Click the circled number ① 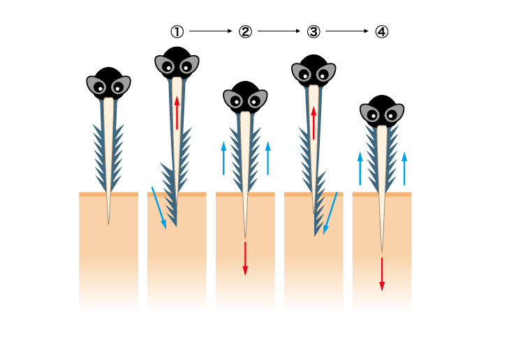177,31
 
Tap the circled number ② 245,31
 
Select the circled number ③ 313,31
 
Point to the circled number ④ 381,31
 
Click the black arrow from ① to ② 210,31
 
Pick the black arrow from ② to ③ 279,31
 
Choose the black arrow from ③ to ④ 347,31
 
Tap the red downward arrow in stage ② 245,258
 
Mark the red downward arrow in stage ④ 382,273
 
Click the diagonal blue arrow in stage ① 158,207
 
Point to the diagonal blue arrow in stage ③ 330,213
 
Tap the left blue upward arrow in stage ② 223,158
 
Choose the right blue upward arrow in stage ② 267,158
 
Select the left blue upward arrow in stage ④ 360,168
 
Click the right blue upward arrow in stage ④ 404,168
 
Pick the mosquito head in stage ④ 382,110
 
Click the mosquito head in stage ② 245,97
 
